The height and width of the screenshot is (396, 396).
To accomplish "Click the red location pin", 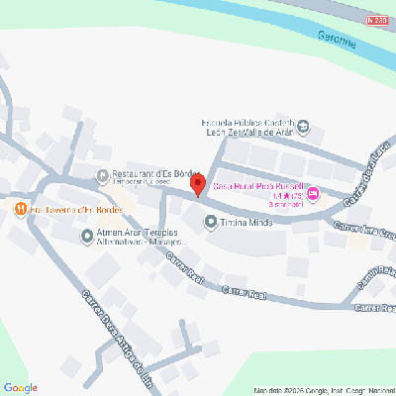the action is click(197, 184).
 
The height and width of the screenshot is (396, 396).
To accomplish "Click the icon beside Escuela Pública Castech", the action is click(304, 126).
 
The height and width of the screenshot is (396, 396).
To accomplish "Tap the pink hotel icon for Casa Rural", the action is click(314, 194).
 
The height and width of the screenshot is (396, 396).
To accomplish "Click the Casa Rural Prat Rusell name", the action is click(261, 186).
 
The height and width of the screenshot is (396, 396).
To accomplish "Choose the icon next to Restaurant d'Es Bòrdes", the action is click(102, 177).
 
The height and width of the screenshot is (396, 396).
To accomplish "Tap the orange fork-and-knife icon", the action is click(20, 209).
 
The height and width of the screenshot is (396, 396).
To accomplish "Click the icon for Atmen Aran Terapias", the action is click(86, 236).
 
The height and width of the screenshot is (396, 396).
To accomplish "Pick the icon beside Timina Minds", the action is click(209, 223).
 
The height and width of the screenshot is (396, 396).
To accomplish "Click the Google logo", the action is click(21, 387).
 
